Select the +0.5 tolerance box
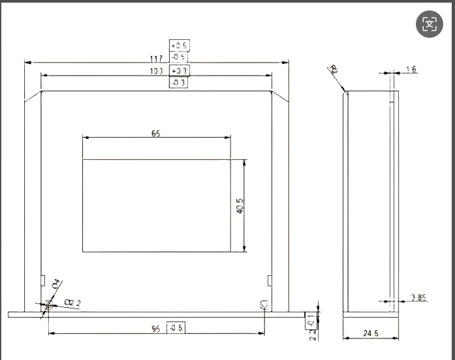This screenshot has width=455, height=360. [x=178, y=46]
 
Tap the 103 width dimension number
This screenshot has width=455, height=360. [x=157, y=71]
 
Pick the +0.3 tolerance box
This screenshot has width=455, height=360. [x=179, y=71]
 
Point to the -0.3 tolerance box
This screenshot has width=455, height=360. [x=179, y=83]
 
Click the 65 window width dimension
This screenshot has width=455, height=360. [x=156, y=133]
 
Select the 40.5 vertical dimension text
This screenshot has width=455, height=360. [x=240, y=206]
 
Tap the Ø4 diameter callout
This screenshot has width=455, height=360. [x=56, y=284]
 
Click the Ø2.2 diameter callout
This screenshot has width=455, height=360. [x=72, y=302]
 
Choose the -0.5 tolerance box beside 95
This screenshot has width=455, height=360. [x=175, y=327]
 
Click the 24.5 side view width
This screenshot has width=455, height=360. [x=371, y=334]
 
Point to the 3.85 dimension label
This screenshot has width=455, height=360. [x=419, y=298]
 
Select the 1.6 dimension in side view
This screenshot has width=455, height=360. [x=411, y=69]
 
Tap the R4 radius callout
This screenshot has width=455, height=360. [x=334, y=70]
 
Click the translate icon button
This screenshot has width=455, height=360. [x=429, y=25]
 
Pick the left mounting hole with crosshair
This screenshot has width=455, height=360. [x=49, y=305]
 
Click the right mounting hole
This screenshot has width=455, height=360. [x=264, y=305]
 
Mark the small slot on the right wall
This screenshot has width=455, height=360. [x=269, y=280]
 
